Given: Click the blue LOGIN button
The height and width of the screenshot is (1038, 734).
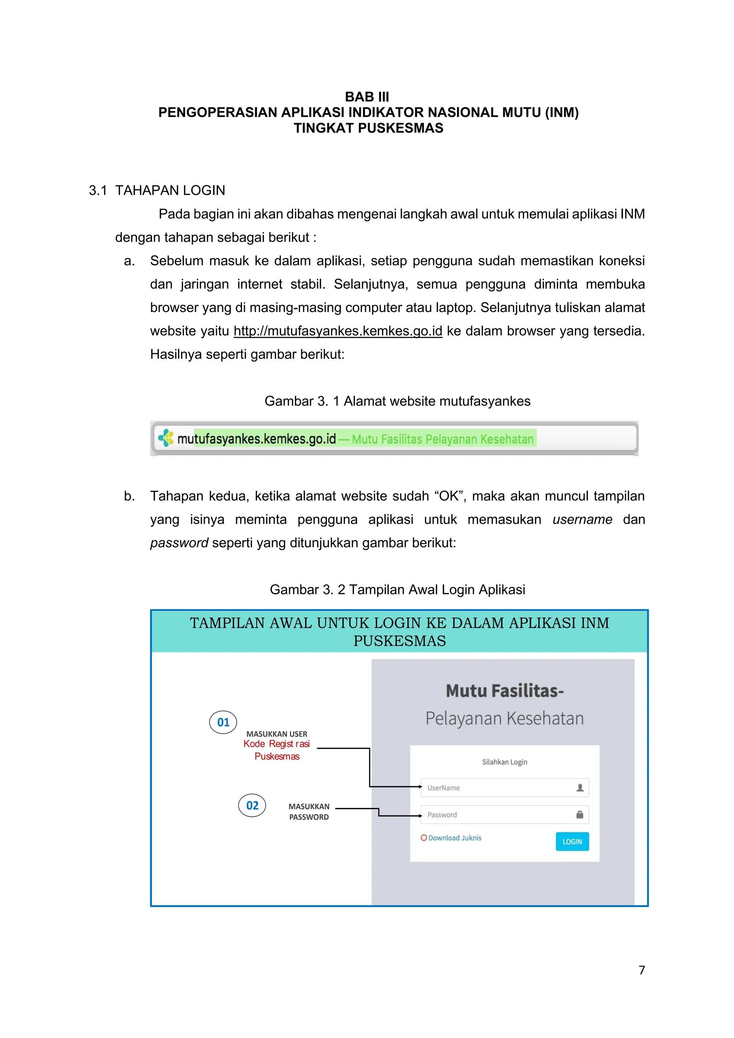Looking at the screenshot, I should [572, 841].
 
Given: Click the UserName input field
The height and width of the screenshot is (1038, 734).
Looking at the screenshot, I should [497, 788].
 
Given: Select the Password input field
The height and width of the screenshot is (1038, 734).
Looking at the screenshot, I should [497, 814].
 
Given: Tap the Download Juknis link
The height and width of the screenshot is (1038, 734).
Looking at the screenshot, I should [454, 838].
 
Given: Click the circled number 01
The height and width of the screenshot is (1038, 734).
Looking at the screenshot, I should [223, 722].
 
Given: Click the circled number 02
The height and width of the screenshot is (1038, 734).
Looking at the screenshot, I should [252, 805].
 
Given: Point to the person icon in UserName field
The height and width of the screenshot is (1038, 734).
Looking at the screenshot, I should [580, 788].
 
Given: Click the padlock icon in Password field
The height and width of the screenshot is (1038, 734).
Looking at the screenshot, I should [579, 814].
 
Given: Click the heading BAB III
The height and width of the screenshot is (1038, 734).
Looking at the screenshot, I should [367, 97].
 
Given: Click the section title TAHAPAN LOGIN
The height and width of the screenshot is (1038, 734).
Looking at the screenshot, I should [170, 190].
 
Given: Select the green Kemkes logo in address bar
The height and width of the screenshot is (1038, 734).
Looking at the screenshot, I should [166, 438].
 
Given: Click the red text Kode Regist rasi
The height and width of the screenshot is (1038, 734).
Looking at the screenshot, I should [276, 744].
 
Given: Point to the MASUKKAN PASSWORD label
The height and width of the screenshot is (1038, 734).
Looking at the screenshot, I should [309, 812].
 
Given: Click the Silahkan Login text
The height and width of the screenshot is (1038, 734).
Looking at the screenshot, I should [504, 762].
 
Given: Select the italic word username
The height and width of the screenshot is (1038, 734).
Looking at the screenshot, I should [582, 519].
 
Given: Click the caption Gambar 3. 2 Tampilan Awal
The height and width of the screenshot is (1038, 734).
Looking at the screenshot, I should [397, 590].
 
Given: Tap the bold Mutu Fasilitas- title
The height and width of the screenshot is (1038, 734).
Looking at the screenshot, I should [504, 691].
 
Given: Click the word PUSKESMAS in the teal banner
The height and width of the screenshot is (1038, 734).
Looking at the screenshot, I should [399, 641].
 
